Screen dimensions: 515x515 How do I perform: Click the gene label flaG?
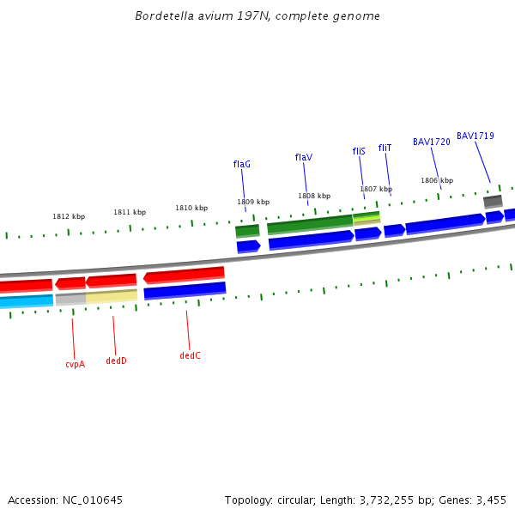(x=242, y=164)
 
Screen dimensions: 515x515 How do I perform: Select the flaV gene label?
(x=304, y=157)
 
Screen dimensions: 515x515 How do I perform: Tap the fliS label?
(x=359, y=151)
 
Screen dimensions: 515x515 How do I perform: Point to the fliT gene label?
(x=385, y=148)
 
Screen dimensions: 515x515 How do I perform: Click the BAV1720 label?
(x=431, y=142)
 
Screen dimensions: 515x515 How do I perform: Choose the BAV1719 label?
(x=476, y=136)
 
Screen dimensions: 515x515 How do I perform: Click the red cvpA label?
(x=75, y=364)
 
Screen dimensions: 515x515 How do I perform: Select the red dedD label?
(x=116, y=360)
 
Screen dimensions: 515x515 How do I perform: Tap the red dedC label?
(x=190, y=355)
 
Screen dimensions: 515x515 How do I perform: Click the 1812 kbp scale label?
(x=69, y=217)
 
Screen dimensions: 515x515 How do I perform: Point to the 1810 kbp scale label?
(x=191, y=208)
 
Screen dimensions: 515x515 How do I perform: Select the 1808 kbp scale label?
(x=314, y=196)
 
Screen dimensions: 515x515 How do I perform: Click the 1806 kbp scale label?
(x=437, y=180)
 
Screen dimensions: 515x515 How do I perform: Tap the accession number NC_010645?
(x=93, y=500)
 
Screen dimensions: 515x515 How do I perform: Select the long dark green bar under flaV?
(x=310, y=225)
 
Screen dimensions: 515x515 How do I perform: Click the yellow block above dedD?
(x=112, y=296)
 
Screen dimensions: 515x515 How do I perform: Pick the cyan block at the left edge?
(x=26, y=301)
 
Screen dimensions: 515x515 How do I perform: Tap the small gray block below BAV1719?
(x=493, y=202)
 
